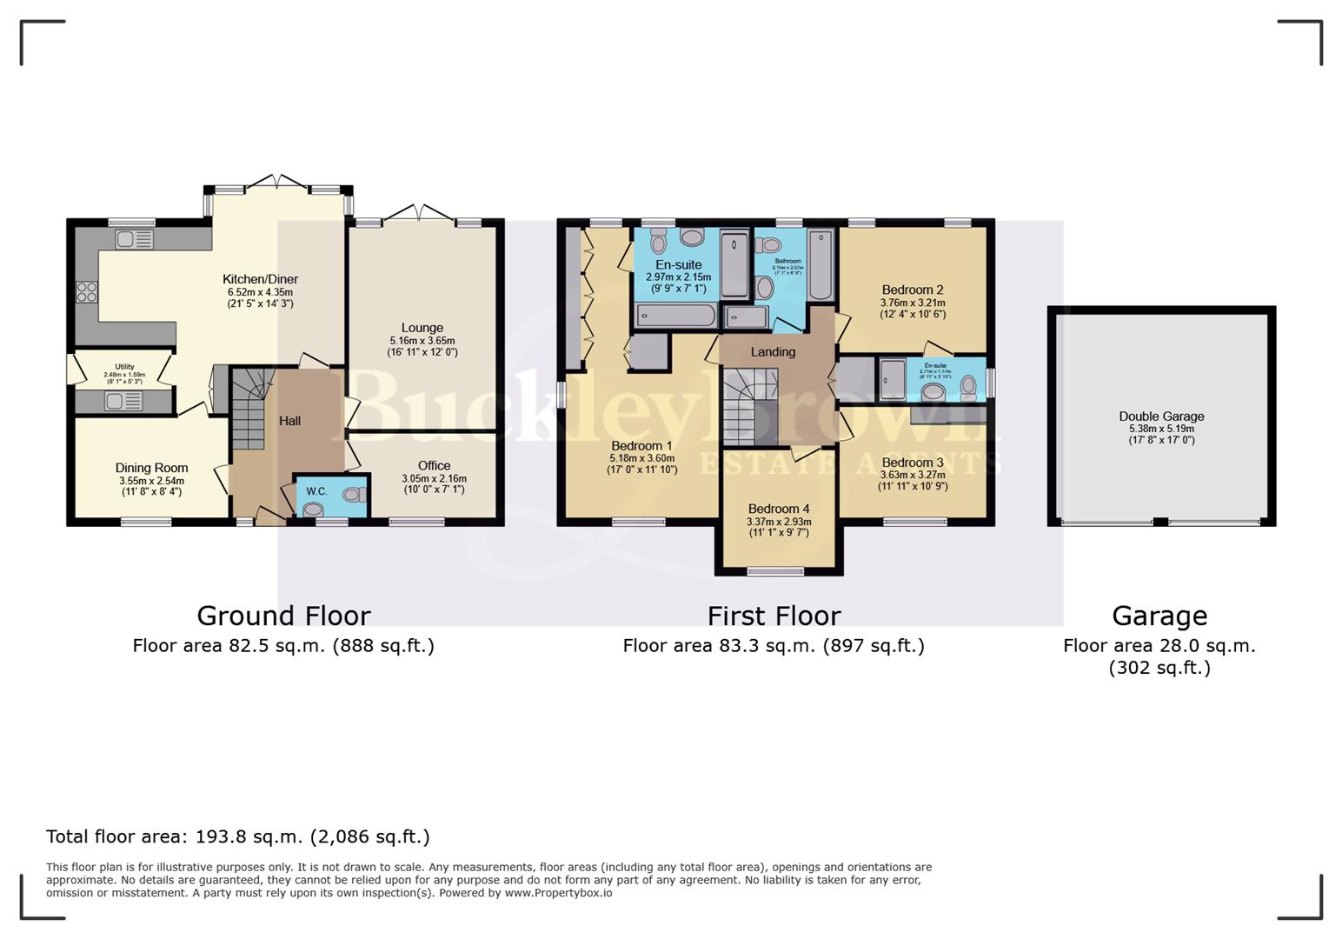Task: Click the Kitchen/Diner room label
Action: [260, 279]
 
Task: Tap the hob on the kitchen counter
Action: [86, 292]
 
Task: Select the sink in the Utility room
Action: [123, 401]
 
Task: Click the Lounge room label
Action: [422, 328]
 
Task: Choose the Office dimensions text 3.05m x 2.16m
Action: [434, 478]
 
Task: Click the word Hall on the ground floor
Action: [289, 421]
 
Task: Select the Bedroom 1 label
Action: [641, 446]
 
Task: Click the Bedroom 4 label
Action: [778, 509]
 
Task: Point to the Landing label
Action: [773, 352]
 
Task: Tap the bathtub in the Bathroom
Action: [820, 264]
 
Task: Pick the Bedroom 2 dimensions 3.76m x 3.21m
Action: [913, 303]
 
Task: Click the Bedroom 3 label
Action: [912, 463]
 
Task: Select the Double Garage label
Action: [1161, 416]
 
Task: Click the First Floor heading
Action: [774, 616]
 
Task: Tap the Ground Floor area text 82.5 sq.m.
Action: [283, 646]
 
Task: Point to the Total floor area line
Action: [237, 836]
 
